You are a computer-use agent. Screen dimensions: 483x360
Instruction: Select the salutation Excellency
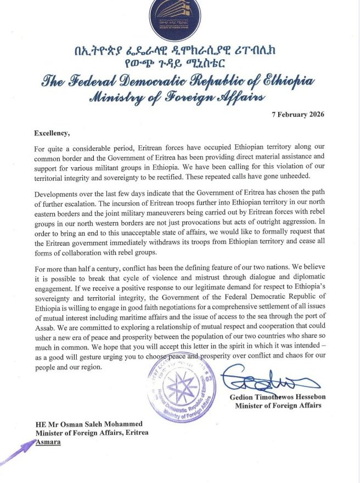pos(53,133)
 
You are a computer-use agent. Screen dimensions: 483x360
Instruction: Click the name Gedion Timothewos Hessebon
pos(278,397)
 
